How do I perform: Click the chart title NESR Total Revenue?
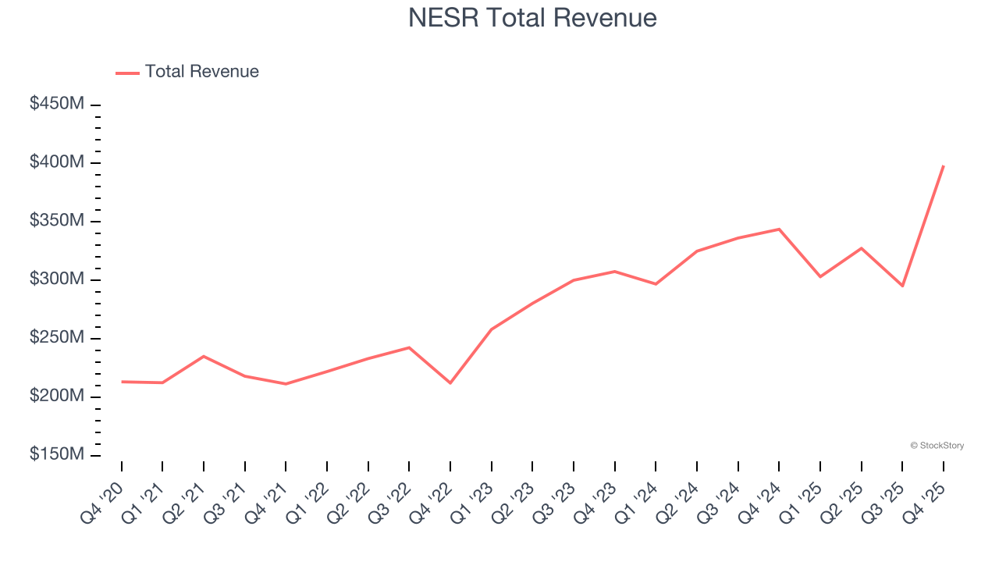tap(532, 17)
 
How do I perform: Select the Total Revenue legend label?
tap(201, 72)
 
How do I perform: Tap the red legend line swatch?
tap(127, 73)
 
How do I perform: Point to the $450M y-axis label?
tap(56, 104)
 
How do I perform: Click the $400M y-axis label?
tap(56, 162)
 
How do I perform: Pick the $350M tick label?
tap(56, 221)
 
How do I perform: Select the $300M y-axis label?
tap(56, 279)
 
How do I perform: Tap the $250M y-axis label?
tap(56, 338)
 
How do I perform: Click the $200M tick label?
tap(56, 397)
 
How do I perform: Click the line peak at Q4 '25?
tap(943, 166)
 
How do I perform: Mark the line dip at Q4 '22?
tap(450, 382)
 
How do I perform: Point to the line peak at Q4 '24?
tap(779, 229)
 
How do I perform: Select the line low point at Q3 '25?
tap(902, 286)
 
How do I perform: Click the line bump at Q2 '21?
tap(204, 357)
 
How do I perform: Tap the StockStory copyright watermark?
tap(937, 446)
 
